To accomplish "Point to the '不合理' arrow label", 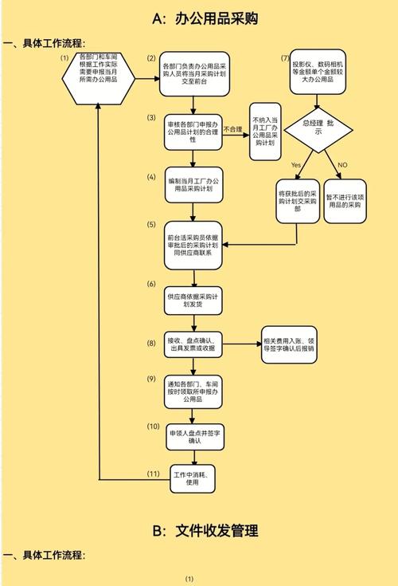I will [232, 129].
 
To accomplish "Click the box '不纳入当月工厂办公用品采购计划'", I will [267, 132].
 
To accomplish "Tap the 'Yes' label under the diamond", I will [295, 164].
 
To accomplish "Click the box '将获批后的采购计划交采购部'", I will [297, 199].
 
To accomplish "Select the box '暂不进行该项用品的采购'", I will [347, 199].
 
